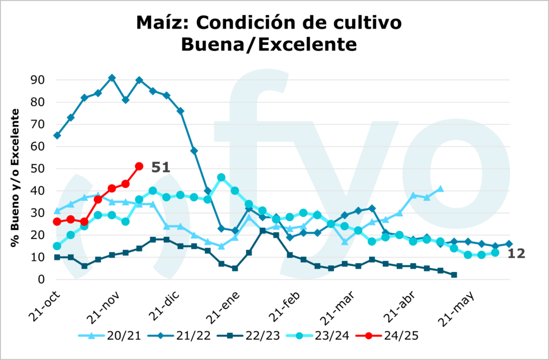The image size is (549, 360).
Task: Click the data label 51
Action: pyautogui.click(x=160, y=167)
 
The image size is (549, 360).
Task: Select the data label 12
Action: pyautogui.click(x=516, y=254)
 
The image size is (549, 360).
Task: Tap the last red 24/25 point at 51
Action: pyautogui.click(x=139, y=166)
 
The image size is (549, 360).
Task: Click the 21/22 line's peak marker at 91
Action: pyautogui.click(x=112, y=78)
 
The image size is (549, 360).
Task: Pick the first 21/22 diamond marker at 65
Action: pyautogui.click(x=57, y=136)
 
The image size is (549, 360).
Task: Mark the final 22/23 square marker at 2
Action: pyautogui.click(x=454, y=275)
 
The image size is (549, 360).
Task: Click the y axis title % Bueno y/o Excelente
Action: pyautogui.click(x=16, y=178)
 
